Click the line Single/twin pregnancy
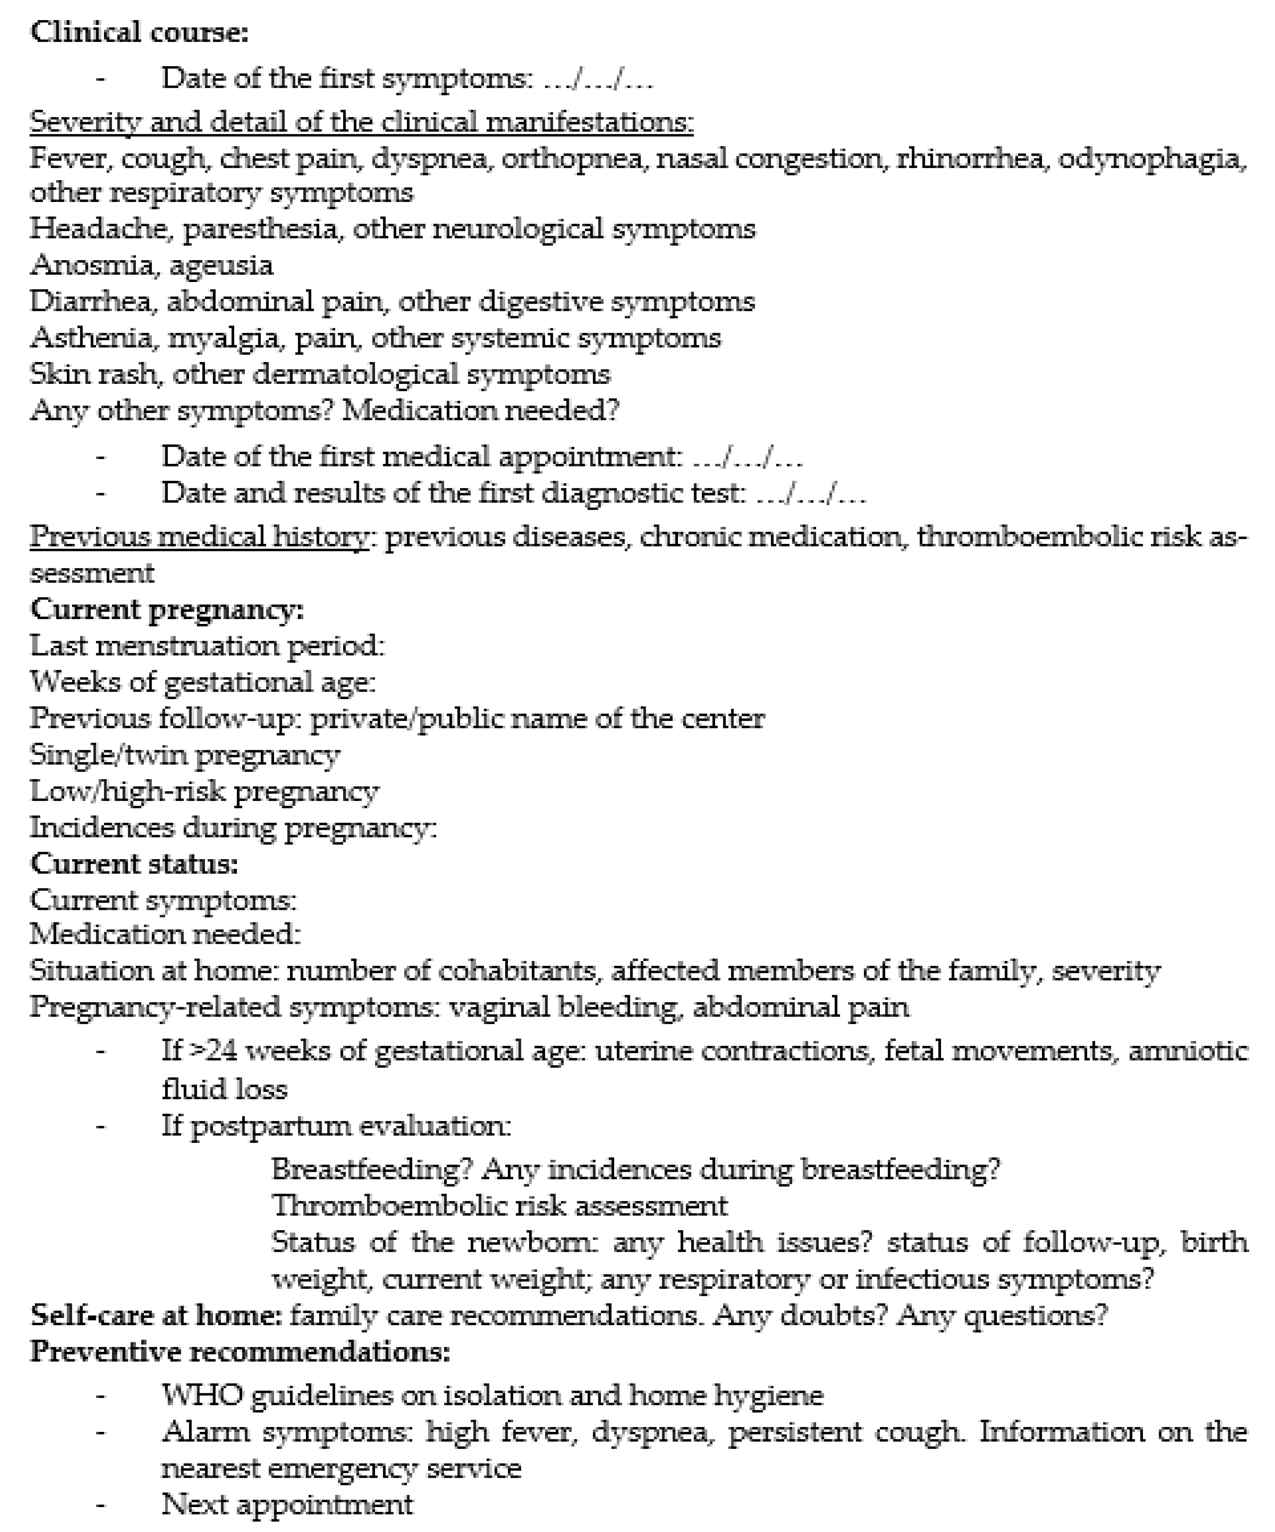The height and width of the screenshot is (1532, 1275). [184, 755]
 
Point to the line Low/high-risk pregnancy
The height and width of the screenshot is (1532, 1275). [204, 791]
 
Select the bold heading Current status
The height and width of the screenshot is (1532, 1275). [134, 864]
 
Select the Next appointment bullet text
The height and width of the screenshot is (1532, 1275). [287, 1504]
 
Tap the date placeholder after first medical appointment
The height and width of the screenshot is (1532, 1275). [747, 457]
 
